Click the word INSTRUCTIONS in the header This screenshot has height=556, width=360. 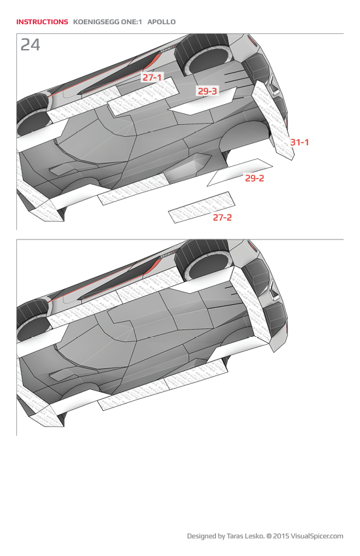click(x=42, y=22)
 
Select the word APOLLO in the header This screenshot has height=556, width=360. click(x=162, y=22)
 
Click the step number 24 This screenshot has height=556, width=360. click(x=30, y=44)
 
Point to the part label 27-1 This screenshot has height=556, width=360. click(x=152, y=77)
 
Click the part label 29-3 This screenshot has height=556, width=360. click(x=207, y=91)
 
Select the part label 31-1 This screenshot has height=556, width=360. click(x=299, y=142)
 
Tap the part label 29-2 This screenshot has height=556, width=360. click(x=255, y=178)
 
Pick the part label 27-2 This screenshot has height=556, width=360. click(x=222, y=217)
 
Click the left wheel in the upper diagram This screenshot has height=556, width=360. click(x=33, y=111)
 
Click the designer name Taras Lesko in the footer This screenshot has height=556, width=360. click(x=243, y=536)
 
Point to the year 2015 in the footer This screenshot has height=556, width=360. click(x=281, y=536)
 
